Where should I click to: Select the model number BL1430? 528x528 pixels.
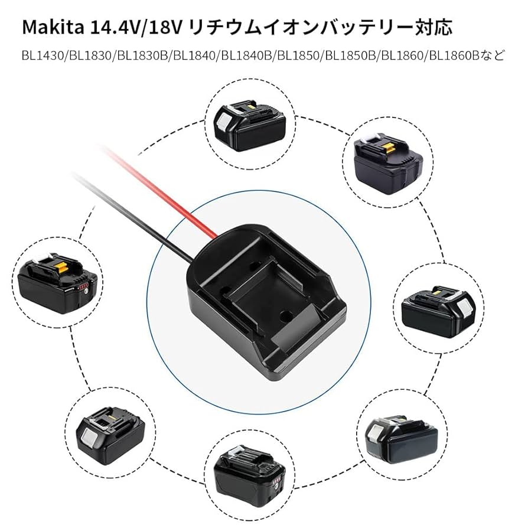point(43,57)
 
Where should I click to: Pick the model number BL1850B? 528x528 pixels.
point(350,57)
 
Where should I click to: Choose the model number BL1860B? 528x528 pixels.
point(454,57)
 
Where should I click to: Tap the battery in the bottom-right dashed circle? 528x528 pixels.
point(402,436)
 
